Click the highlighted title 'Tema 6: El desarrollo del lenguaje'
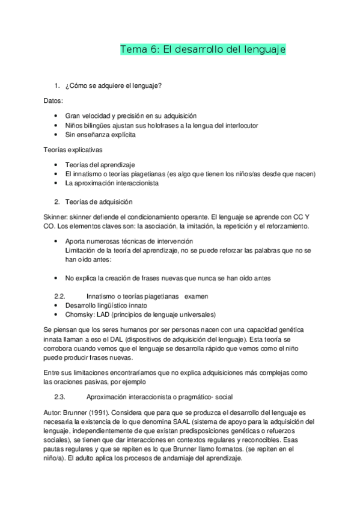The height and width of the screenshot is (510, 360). click(203, 49)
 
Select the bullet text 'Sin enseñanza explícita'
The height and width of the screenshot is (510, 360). click(100, 135)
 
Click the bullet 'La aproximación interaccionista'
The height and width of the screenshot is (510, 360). click(112, 183)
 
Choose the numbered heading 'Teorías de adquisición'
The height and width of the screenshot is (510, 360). click(99, 201)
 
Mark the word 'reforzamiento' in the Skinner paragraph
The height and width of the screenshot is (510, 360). click(285, 226)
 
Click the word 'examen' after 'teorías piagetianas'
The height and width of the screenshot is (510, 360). click(197, 296)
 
